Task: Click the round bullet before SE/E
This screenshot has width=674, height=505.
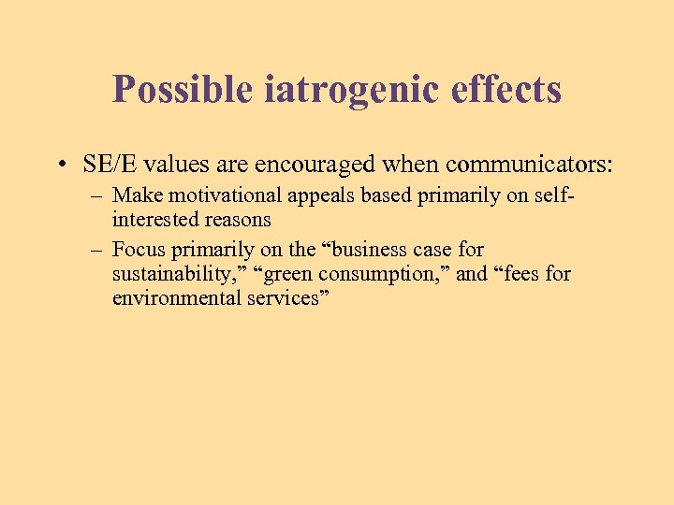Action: (x=60, y=165)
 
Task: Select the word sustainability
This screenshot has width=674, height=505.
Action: (x=173, y=275)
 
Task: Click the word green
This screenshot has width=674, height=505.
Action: (x=293, y=275)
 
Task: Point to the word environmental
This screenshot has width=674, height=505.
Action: (x=169, y=298)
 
